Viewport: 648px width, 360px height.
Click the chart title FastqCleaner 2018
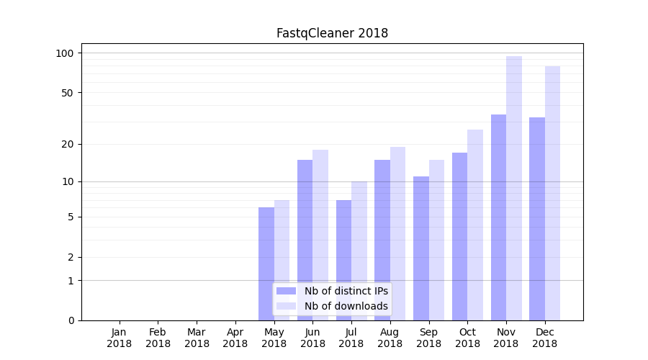[x=332, y=33]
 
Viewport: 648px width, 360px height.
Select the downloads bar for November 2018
[x=514, y=188]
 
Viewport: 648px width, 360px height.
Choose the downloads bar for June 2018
[x=320, y=235]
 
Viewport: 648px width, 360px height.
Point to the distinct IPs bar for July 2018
[x=343, y=260]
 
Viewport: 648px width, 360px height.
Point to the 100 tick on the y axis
[x=65, y=53]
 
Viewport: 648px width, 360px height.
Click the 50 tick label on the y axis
[x=68, y=93]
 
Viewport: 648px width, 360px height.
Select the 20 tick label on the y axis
[x=68, y=144]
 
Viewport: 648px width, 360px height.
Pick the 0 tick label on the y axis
[x=71, y=320]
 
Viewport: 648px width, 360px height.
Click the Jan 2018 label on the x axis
[x=119, y=338]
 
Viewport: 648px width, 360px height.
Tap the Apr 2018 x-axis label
[x=235, y=338]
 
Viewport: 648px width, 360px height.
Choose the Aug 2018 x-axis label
[x=390, y=338]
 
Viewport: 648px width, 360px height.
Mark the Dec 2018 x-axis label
[x=545, y=338]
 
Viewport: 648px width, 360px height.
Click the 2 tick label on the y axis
[x=71, y=257]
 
